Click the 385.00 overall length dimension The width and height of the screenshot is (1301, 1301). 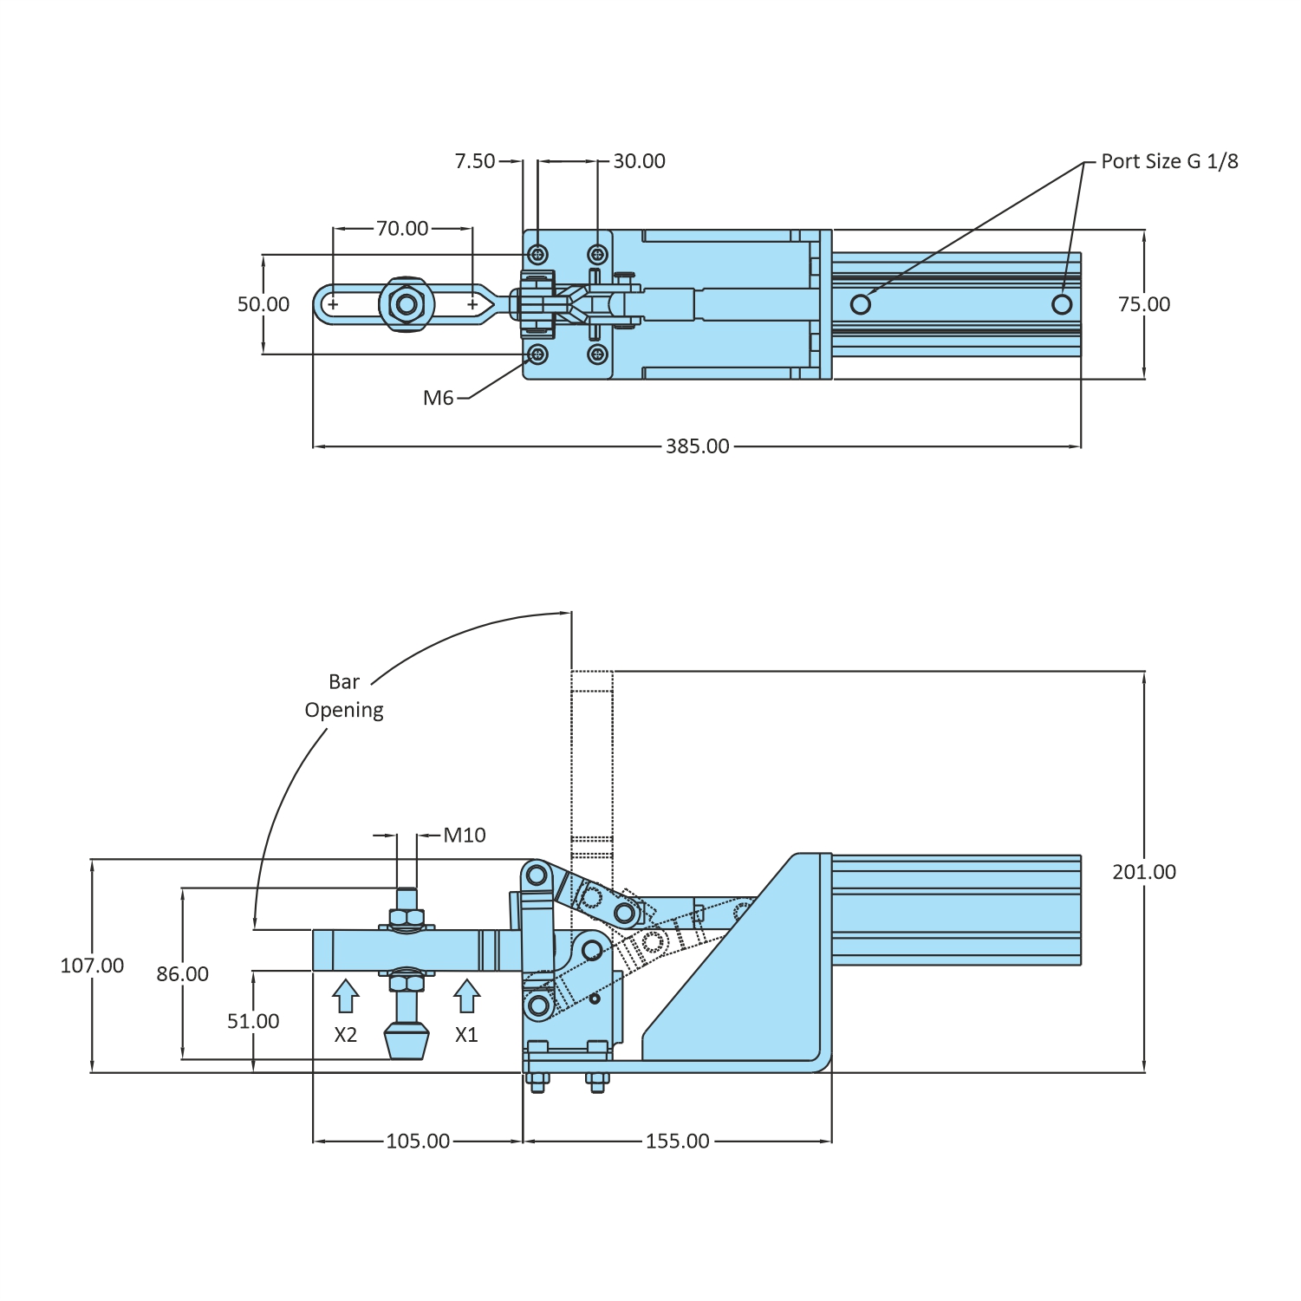(x=697, y=446)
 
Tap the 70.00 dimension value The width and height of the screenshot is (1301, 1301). (x=402, y=228)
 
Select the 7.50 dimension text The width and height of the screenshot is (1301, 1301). (x=475, y=161)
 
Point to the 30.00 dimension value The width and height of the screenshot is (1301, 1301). (x=639, y=161)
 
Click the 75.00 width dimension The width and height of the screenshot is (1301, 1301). (x=1144, y=304)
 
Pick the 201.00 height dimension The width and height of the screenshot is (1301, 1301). (x=1144, y=872)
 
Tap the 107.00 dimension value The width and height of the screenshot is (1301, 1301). (x=92, y=966)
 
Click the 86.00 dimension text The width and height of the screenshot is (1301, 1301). (x=182, y=974)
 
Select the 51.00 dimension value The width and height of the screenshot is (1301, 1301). (x=253, y=1021)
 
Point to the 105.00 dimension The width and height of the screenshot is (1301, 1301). (x=418, y=1141)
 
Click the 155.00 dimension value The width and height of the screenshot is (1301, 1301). (x=677, y=1141)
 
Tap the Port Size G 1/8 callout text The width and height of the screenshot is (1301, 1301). (x=1169, y=161)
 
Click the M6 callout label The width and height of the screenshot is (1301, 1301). (x=438, y=398)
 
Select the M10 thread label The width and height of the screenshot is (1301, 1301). (x=465, y=835)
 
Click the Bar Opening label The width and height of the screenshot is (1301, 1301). (x=344, y=696)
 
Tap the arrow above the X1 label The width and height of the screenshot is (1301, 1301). (x=466, y=996)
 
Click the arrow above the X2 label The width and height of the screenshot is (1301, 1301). (x=345, y=996)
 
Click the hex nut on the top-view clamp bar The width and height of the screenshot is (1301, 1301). (x=405, y=304)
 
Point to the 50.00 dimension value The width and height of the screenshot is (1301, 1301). (x=263, y=304)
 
